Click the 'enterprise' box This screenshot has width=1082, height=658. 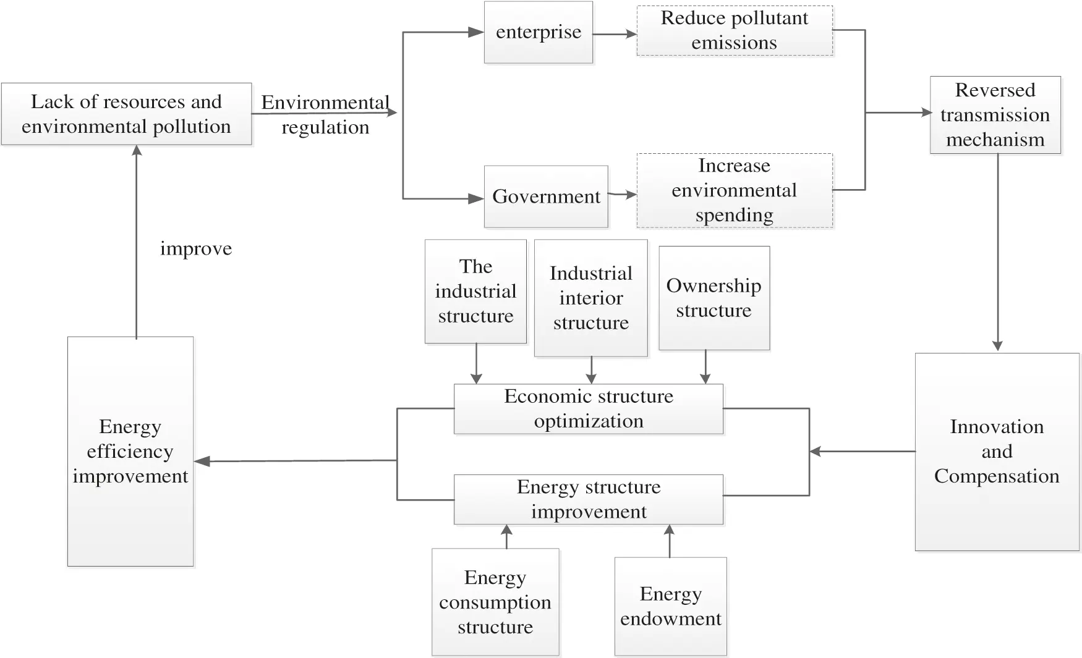pyautogui.click(x=538, y=32)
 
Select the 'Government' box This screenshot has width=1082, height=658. pyautogui.click(x=545, y=196)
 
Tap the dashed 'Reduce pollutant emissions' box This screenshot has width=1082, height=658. pyautogui.click(x=735, y=31)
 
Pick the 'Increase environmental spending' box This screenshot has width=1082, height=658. pyautogui.click(x=735, y=190)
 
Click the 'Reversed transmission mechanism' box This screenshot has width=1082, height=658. pyautogui.click(x=995, y=115)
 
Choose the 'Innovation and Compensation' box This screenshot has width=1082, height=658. pyautogui.click(x=997, y=452)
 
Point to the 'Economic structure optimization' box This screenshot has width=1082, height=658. pyautogui.click(x=588, y=409)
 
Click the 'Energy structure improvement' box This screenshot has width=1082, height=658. pyautogui.click(x=588, y=499)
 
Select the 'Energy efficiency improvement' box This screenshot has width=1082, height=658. pyautogui.click(x=130, y=452)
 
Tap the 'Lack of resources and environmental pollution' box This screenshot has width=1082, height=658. pyautogui.click(x=126, y=114)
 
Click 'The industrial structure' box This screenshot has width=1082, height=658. pyautogui.click(x=475, y=291)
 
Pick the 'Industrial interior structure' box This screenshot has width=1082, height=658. pyautogui.click(x=590, y=298)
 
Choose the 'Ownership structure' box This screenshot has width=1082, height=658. pyautogui.click(x=714, y=298)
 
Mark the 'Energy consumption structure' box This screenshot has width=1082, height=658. pyautogui.click(x=495, y=602)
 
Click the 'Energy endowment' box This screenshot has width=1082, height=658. pyautogui.click(x=671, y=606)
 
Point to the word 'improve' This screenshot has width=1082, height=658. pyautogui.click(x=196, y=248)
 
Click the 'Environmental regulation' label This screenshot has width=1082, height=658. pyautogui.click(x=325, y=115)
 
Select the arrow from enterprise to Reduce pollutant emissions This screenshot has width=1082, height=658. pyautogui.click(x=615, y=34)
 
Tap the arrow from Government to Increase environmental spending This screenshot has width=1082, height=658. pyautogui.click(x=622, y=195)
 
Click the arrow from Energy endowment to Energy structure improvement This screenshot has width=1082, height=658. pyautogui.click(x=669, y=541)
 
